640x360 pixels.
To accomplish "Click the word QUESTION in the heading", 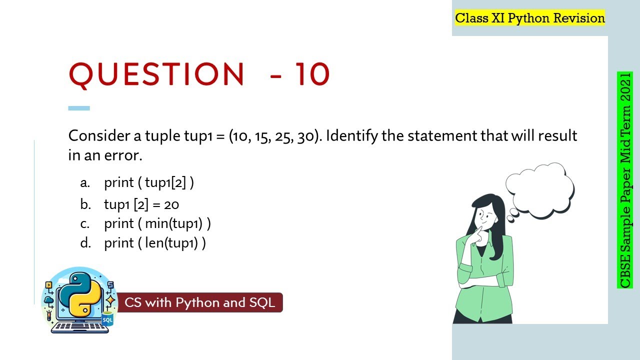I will click(x=156, y=74).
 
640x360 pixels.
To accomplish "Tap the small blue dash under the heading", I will click(x=79, y=108).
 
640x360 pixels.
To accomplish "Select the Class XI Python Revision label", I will click(x=529, y=18).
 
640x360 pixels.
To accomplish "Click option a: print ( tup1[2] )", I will click(x=148, y=183).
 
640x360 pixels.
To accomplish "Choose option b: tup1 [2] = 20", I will click(x=141, y=204).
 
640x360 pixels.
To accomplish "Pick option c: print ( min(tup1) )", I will click(x=157, y=223).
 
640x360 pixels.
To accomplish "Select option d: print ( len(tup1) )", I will click(x=154, y=243).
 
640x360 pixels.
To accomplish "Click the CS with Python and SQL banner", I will click(x=200, y=302).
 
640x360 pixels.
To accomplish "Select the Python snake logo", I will click(x=78, y=295).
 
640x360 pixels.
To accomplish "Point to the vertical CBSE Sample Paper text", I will click(x=625, y=180).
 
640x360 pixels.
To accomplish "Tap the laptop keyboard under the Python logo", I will click(x=80, y=327).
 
